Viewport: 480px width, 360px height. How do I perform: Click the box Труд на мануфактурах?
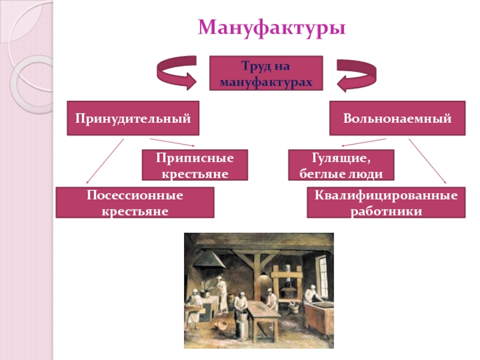coord(266,73)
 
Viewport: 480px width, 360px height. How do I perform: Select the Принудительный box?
coord(133,118)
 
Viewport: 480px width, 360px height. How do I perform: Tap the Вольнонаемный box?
coord(397,118)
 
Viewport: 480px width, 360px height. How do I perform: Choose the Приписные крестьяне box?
coord(187,165)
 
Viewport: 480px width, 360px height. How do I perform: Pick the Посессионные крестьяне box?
coord(135,202)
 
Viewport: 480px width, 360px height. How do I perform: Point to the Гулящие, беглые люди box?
coord(341,165)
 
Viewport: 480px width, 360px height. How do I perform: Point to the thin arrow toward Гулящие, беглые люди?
coord(363,142)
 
